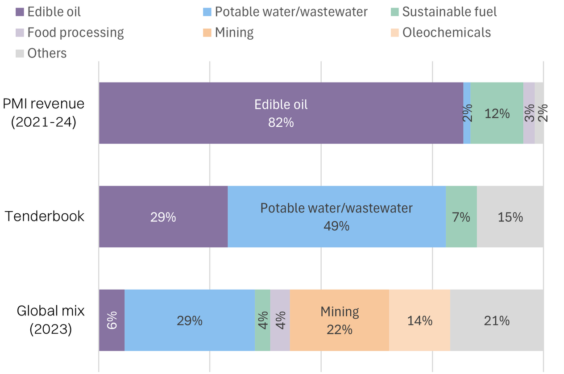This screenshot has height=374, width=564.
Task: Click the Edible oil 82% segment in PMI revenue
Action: coord(281,113)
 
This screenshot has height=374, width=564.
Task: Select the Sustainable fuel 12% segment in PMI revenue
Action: coord(497,113)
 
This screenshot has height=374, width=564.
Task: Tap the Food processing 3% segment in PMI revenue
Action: coord(529,113)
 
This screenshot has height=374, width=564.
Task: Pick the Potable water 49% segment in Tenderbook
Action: coord(336,216)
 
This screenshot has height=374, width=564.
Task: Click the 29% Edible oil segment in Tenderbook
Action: coord(163,216)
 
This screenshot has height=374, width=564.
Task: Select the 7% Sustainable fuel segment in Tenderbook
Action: coord(461,216)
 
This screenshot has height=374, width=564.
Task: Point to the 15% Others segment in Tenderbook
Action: coord(510,216)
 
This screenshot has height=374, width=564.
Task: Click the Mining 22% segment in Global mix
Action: coord(340,320)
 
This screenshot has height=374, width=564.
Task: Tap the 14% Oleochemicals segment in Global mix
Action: coord(419,320)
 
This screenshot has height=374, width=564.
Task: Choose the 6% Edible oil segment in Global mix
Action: coord(112,320)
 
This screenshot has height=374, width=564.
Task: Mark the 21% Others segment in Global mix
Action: coord(497,320)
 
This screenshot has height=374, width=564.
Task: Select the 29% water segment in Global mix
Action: coord(190,320)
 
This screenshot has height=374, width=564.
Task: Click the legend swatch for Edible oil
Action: coord(20,12)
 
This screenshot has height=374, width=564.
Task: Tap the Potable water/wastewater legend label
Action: coord(291,12)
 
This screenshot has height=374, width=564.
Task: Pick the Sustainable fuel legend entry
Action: coord(449,12)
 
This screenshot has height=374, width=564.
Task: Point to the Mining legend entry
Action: coord(234,33)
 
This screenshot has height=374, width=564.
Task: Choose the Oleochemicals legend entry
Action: coord(446,33)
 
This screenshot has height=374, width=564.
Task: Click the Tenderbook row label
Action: coord(45,216)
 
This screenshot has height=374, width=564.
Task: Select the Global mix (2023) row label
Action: coord(50,320)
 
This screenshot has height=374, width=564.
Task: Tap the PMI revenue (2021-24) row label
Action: coord(44,112)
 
